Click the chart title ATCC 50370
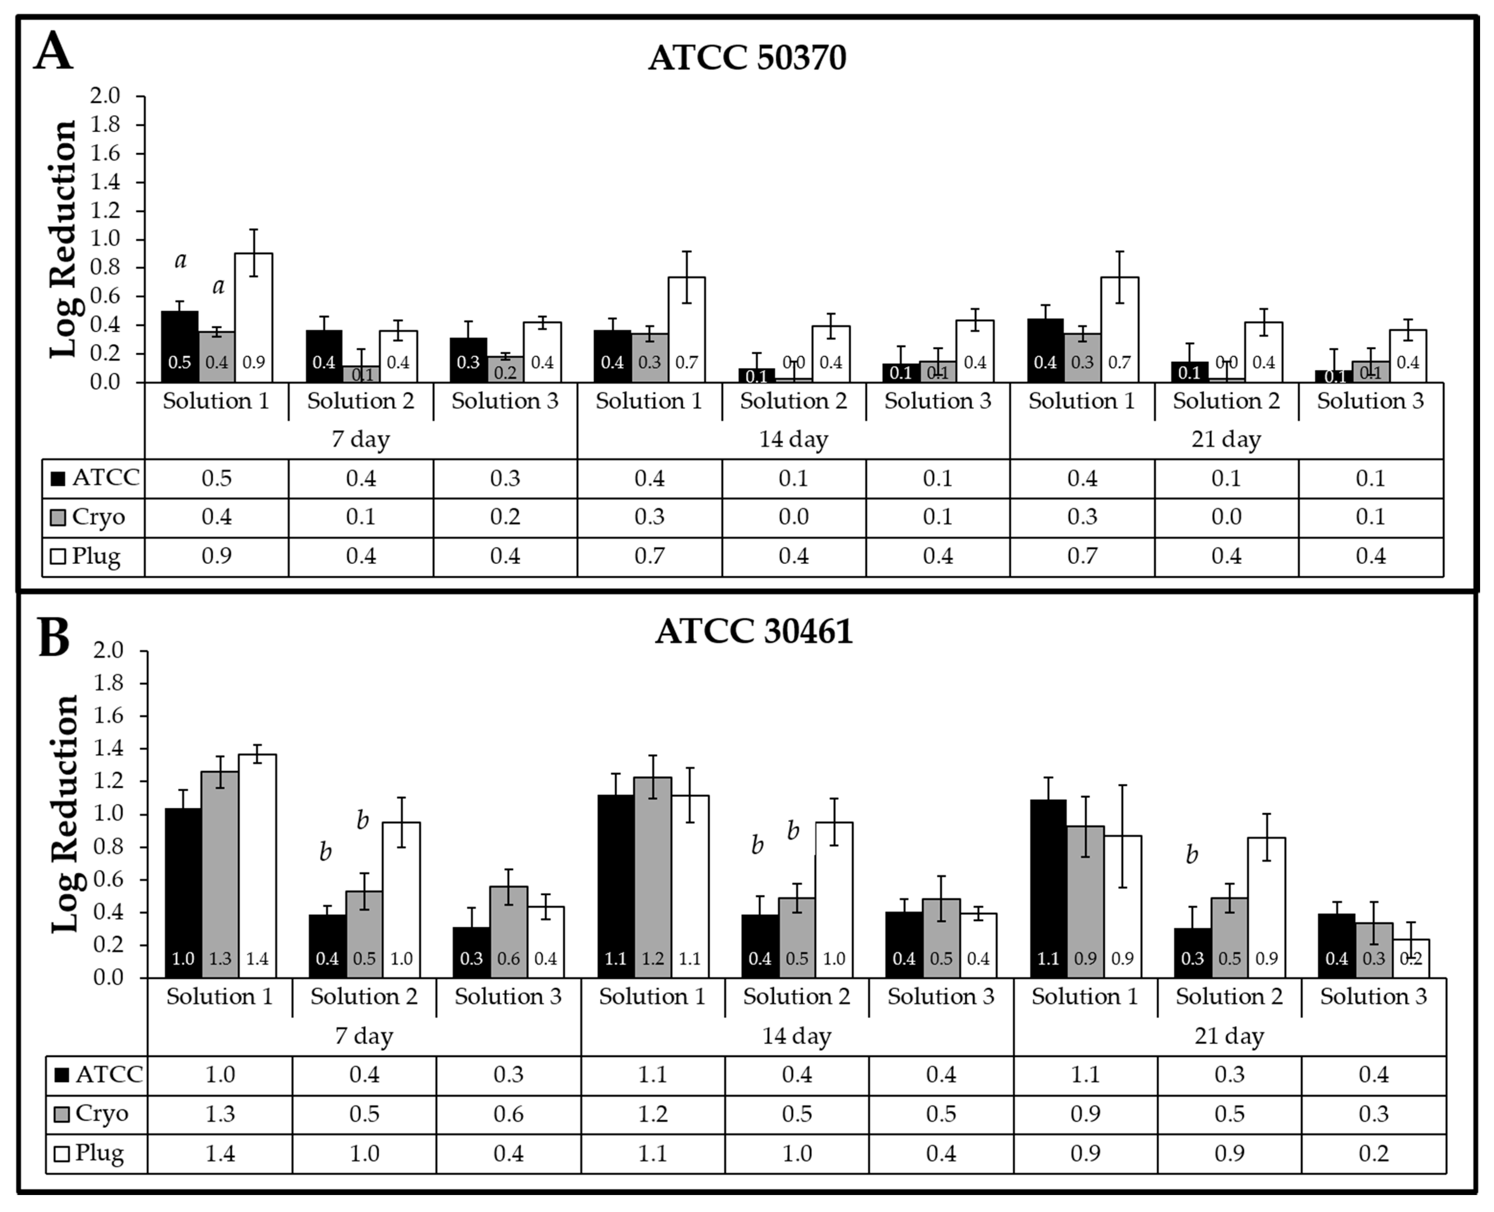746,57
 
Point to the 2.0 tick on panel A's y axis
105,96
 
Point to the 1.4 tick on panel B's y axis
108,749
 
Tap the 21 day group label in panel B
1229,1036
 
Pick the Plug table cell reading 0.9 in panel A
217,556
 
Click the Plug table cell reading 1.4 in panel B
220,1153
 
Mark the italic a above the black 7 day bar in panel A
180,260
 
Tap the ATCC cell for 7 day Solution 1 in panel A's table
217,478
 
